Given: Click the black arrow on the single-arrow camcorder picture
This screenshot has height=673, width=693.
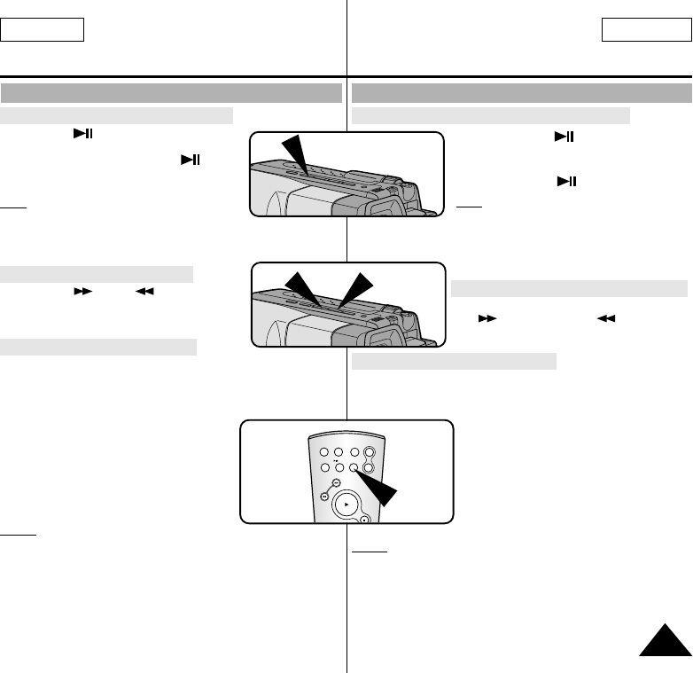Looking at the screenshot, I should point(292,156).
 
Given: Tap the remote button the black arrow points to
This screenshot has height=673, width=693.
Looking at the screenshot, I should point(354,466).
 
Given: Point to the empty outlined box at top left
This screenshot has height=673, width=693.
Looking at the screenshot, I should point(42,30).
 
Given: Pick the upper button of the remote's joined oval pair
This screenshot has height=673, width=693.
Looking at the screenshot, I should point(370,452).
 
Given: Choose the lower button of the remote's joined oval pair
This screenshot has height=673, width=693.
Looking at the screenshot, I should point(370,466).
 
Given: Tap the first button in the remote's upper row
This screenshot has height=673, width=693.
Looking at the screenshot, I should point(324,451).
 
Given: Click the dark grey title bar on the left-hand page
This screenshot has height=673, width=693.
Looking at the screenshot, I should point(172,94).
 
